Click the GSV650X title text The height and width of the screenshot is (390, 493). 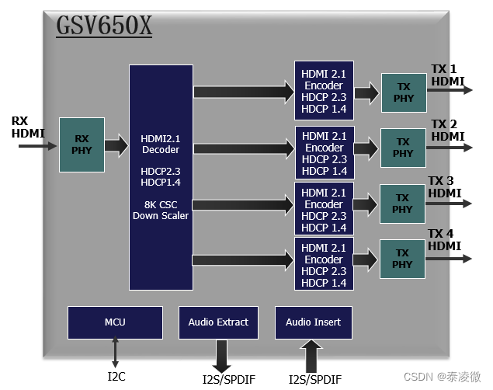tap(104, 25)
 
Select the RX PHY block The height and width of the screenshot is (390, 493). tap(82, 145)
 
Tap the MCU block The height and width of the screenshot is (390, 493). tap(115, 322)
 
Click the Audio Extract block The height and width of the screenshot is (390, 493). tap(218, 322)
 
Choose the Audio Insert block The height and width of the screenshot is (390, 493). tap(314, 322)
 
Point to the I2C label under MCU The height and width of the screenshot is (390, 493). tap(116, 377)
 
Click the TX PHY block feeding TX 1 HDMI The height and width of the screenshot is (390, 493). tap(404, 92)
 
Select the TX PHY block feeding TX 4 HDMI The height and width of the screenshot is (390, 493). tap(402, 259)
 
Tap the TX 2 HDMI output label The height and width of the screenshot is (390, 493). tap(448, 131)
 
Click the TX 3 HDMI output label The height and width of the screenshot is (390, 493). tap(445, 186)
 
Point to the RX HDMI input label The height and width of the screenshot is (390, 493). tap(28, 127)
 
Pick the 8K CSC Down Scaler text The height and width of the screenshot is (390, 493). tap(161, 210)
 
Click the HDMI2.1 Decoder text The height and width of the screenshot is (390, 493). tap(161, 144)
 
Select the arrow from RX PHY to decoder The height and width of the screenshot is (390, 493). tap(116, 145)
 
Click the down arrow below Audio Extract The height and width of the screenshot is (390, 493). tap(222, 357)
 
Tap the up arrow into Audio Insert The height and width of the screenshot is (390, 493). tap(311, 356)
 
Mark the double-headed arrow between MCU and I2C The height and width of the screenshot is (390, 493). tap(115, 352)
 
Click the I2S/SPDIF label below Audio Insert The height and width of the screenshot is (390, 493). tap(315, 379)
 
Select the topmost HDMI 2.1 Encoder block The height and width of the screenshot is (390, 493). tap(324, 91)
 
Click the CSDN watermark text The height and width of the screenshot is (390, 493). tap(442, 377)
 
